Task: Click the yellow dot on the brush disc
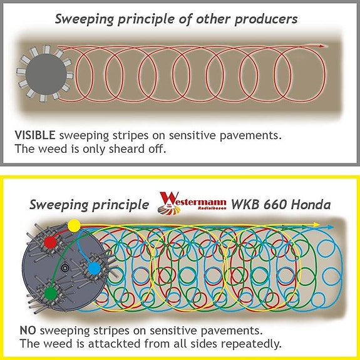[x=74, y=225]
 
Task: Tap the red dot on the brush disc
[x=50, y=242]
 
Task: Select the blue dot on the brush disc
[x=95, y=268]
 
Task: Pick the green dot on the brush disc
[x=51, y=294]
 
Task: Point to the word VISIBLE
[x=35, y=135]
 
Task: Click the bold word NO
[x=28, y=331]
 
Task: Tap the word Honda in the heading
[x=311, y=204]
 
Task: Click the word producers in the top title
[x=266, y=19]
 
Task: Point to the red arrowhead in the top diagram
[x=322, y=46]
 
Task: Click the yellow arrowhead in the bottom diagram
[x=317, y=224]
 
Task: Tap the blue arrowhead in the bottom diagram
[x=331, y=227]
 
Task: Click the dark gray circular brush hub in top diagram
[x=46, y=74]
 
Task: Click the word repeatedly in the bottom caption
[x=251, y=344]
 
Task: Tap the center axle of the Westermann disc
[x=65, y=268]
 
